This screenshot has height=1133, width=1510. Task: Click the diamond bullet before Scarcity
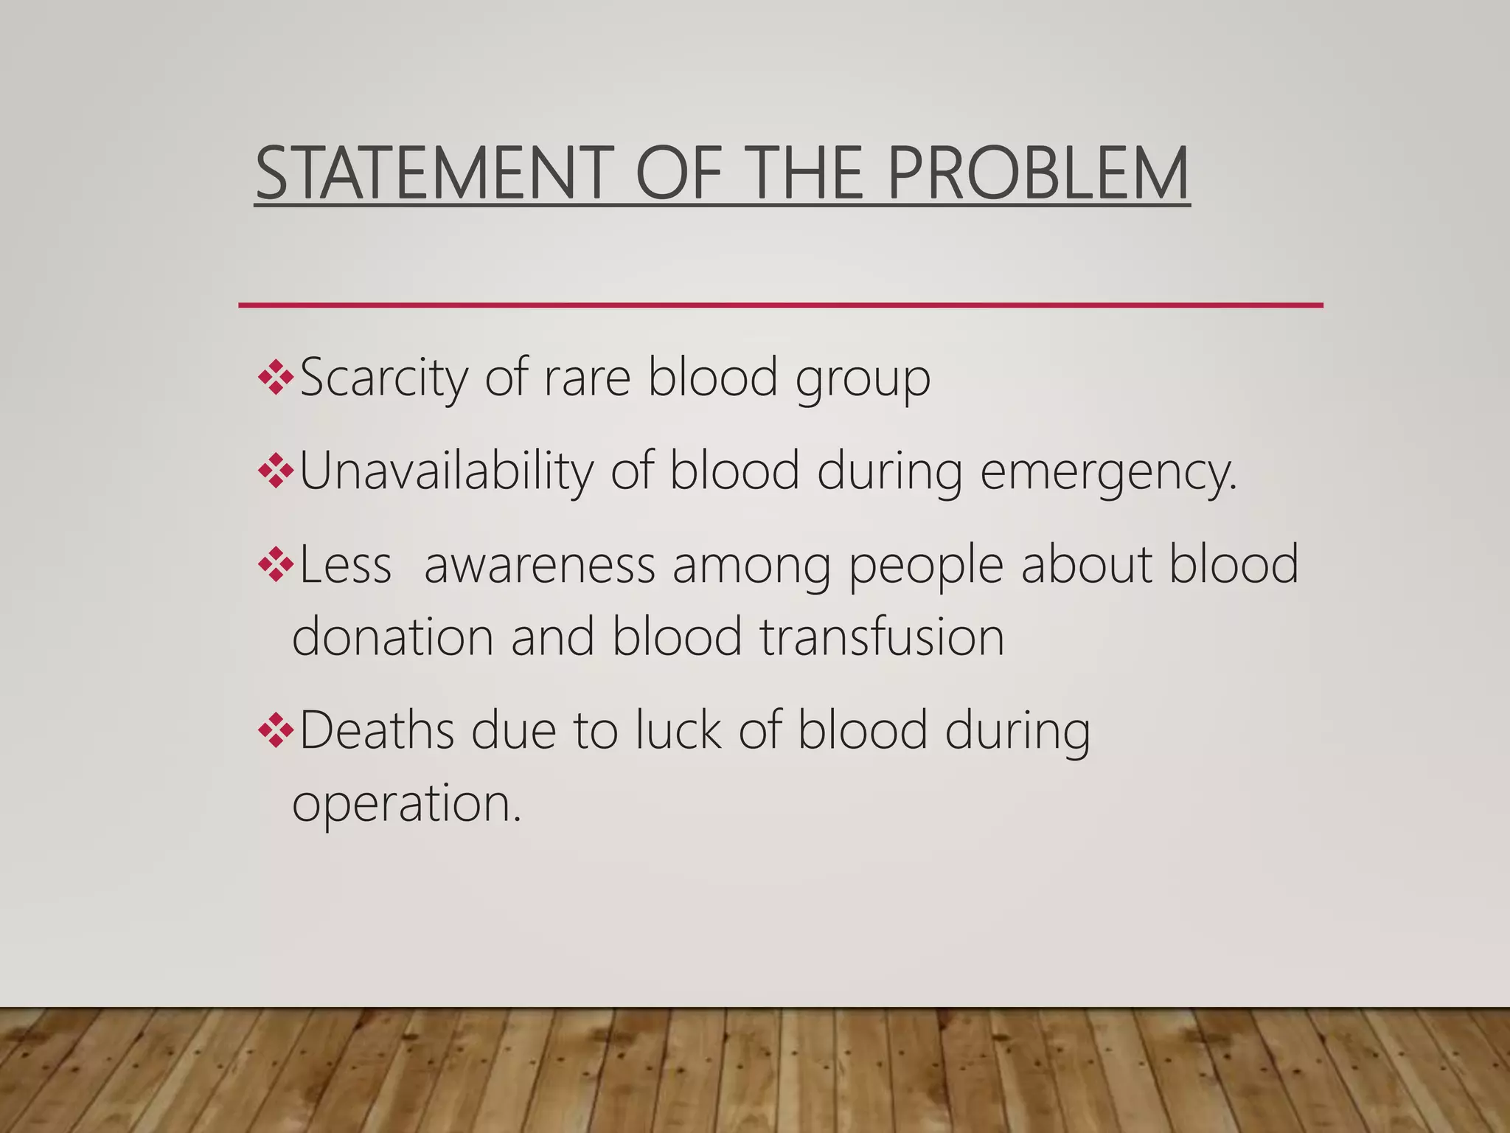(276, 378)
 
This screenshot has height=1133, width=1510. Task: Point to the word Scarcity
(383, 378)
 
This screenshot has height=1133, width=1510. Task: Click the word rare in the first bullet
(587, 379)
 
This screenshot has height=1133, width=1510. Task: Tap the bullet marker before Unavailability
(276, 471)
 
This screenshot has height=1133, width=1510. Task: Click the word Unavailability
(446, 471)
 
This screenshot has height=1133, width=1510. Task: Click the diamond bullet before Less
(276, 565)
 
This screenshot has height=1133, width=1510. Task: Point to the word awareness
(540, 565)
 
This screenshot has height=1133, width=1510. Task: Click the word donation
(392, 637)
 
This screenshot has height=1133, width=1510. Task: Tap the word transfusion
(882, 637)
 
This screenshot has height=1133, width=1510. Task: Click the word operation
(406, 804)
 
